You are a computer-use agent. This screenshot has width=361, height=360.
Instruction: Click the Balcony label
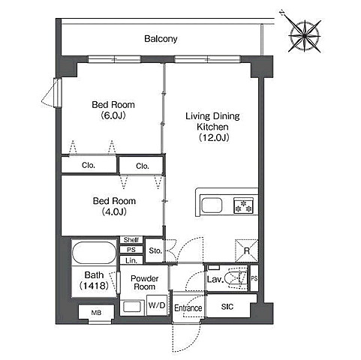coord(161,39)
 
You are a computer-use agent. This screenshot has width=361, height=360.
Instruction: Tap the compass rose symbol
coord(304,36)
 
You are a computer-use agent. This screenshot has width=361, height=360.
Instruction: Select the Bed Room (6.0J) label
coord(113,110)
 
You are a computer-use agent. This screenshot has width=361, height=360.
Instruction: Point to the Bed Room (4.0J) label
coord(114,206)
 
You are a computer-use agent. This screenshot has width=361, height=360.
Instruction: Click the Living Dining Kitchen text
coord(212,121)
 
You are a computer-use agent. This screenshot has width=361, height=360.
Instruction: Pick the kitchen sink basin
coord(212,205)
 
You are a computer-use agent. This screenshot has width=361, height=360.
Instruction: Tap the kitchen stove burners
coord(244,205)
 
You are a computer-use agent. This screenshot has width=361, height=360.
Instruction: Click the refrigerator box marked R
coord(246,250)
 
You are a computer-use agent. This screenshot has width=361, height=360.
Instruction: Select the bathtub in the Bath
coord(95,253)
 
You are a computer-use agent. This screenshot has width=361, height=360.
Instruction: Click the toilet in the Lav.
coord(235,278)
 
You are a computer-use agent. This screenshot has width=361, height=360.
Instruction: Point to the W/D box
coord(157,305)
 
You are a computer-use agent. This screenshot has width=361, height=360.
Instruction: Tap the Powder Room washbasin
coord(132,307)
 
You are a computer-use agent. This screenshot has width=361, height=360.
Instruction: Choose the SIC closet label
coord(227,307)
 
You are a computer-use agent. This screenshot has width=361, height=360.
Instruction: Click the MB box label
coord(96,313)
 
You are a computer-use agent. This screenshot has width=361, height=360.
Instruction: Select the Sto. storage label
coord(155,250)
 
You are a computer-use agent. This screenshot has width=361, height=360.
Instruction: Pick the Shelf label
coord(131,240)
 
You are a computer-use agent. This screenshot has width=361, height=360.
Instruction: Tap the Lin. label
coord(131,261)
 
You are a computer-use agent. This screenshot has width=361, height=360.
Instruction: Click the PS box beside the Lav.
coord(254,278)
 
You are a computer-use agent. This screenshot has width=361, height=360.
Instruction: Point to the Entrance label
coord(188,308)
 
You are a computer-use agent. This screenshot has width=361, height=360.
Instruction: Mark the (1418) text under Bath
coord(94,286)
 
